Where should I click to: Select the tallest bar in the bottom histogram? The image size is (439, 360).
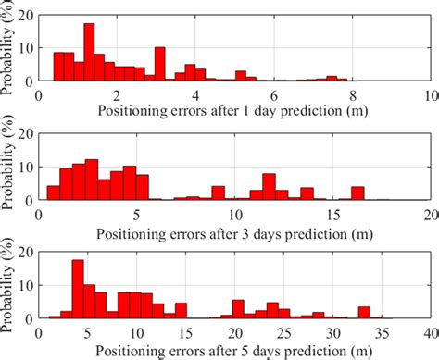click(78, 290)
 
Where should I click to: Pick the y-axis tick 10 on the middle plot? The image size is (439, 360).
click(27, 167)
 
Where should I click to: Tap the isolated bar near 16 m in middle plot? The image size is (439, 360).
click(357, 193)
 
